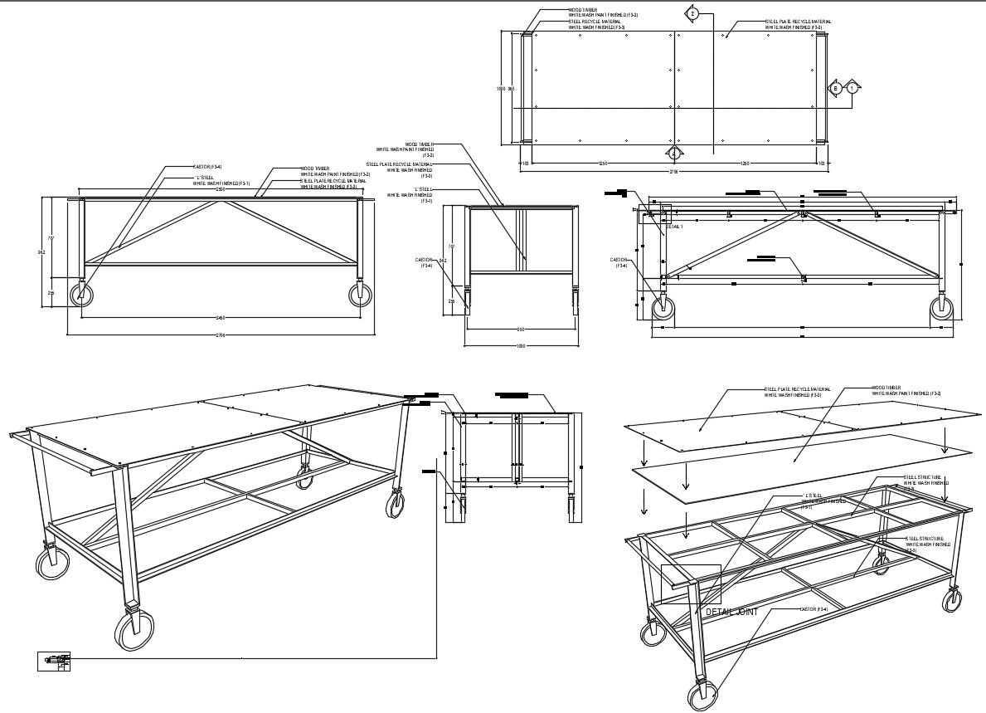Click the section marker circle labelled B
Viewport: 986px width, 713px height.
point(836,87)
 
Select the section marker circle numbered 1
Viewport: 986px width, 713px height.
point(852,87)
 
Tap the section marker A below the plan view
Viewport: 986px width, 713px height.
point(674,153)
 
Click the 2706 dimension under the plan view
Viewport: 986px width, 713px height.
point(673,173)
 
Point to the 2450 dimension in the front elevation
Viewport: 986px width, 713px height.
point(220,318)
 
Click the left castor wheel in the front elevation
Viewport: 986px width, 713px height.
point(81,295)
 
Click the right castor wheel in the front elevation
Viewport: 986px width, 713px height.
point(360,295)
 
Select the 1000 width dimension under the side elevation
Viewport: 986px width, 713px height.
point(521,345)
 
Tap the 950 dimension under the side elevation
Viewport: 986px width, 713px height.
point(520,329)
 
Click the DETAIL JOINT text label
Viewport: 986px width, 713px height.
point(731,612)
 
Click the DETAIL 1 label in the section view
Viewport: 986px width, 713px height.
point(674,226)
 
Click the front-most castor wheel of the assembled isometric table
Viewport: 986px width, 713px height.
point(132,631)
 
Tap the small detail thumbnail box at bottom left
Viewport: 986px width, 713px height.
point(54,662)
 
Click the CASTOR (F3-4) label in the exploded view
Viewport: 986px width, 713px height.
point(814,609)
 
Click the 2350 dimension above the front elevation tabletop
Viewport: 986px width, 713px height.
point(220,189)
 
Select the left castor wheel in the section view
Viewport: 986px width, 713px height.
point(663,308)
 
